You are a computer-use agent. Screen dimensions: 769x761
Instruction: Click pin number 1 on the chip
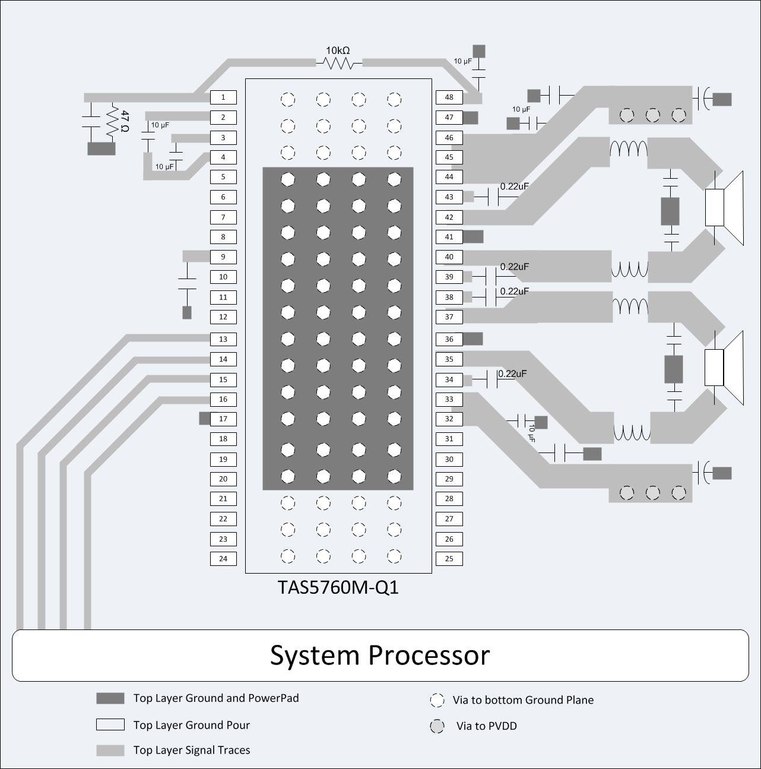pyautogui.click(x=223, y=97)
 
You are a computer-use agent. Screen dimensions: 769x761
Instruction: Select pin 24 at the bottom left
pyautogui.click(x=223, y=559)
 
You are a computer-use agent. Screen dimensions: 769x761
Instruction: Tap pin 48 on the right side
pyautogui.click(x=449, y=97)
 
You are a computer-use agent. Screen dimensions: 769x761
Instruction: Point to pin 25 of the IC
pyautogui.click(x=449, y=559)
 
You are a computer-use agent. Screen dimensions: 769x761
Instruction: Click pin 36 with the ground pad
pyautogui.click(x=449, y=339)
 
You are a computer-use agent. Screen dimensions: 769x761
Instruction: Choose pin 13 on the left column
pyautogui.click(x=223, y=339)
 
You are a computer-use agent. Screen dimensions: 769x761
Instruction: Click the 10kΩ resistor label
pyautogui.click(x=338, y=51)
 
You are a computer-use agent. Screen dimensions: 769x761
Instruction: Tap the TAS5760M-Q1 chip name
pyautogui.click(x=338, y=587)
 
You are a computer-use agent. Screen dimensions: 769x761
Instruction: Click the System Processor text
pyautogui.click(x=380, y=656)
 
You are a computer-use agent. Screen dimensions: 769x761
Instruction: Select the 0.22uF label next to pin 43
pyautogui.click(x=514, y=186)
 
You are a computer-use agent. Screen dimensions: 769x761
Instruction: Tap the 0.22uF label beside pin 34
pyautogui.click(x=512, y=374)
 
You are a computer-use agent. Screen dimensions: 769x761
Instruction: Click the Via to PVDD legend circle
pyautogui.click(x=437, y=726)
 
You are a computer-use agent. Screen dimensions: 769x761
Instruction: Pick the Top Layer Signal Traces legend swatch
pyautogui.click(x=110, y=751)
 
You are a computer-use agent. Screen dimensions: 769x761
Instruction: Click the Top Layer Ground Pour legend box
pyautogui.click(x=110, y=725)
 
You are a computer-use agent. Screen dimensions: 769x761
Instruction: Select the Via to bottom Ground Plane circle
pyautogui.click(x=437, y=701)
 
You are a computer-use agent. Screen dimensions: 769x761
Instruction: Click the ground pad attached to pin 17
pyautogui.click(x=204, y=419)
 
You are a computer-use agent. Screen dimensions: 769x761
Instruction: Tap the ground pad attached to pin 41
pyautogui.click(x=473, y=236)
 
